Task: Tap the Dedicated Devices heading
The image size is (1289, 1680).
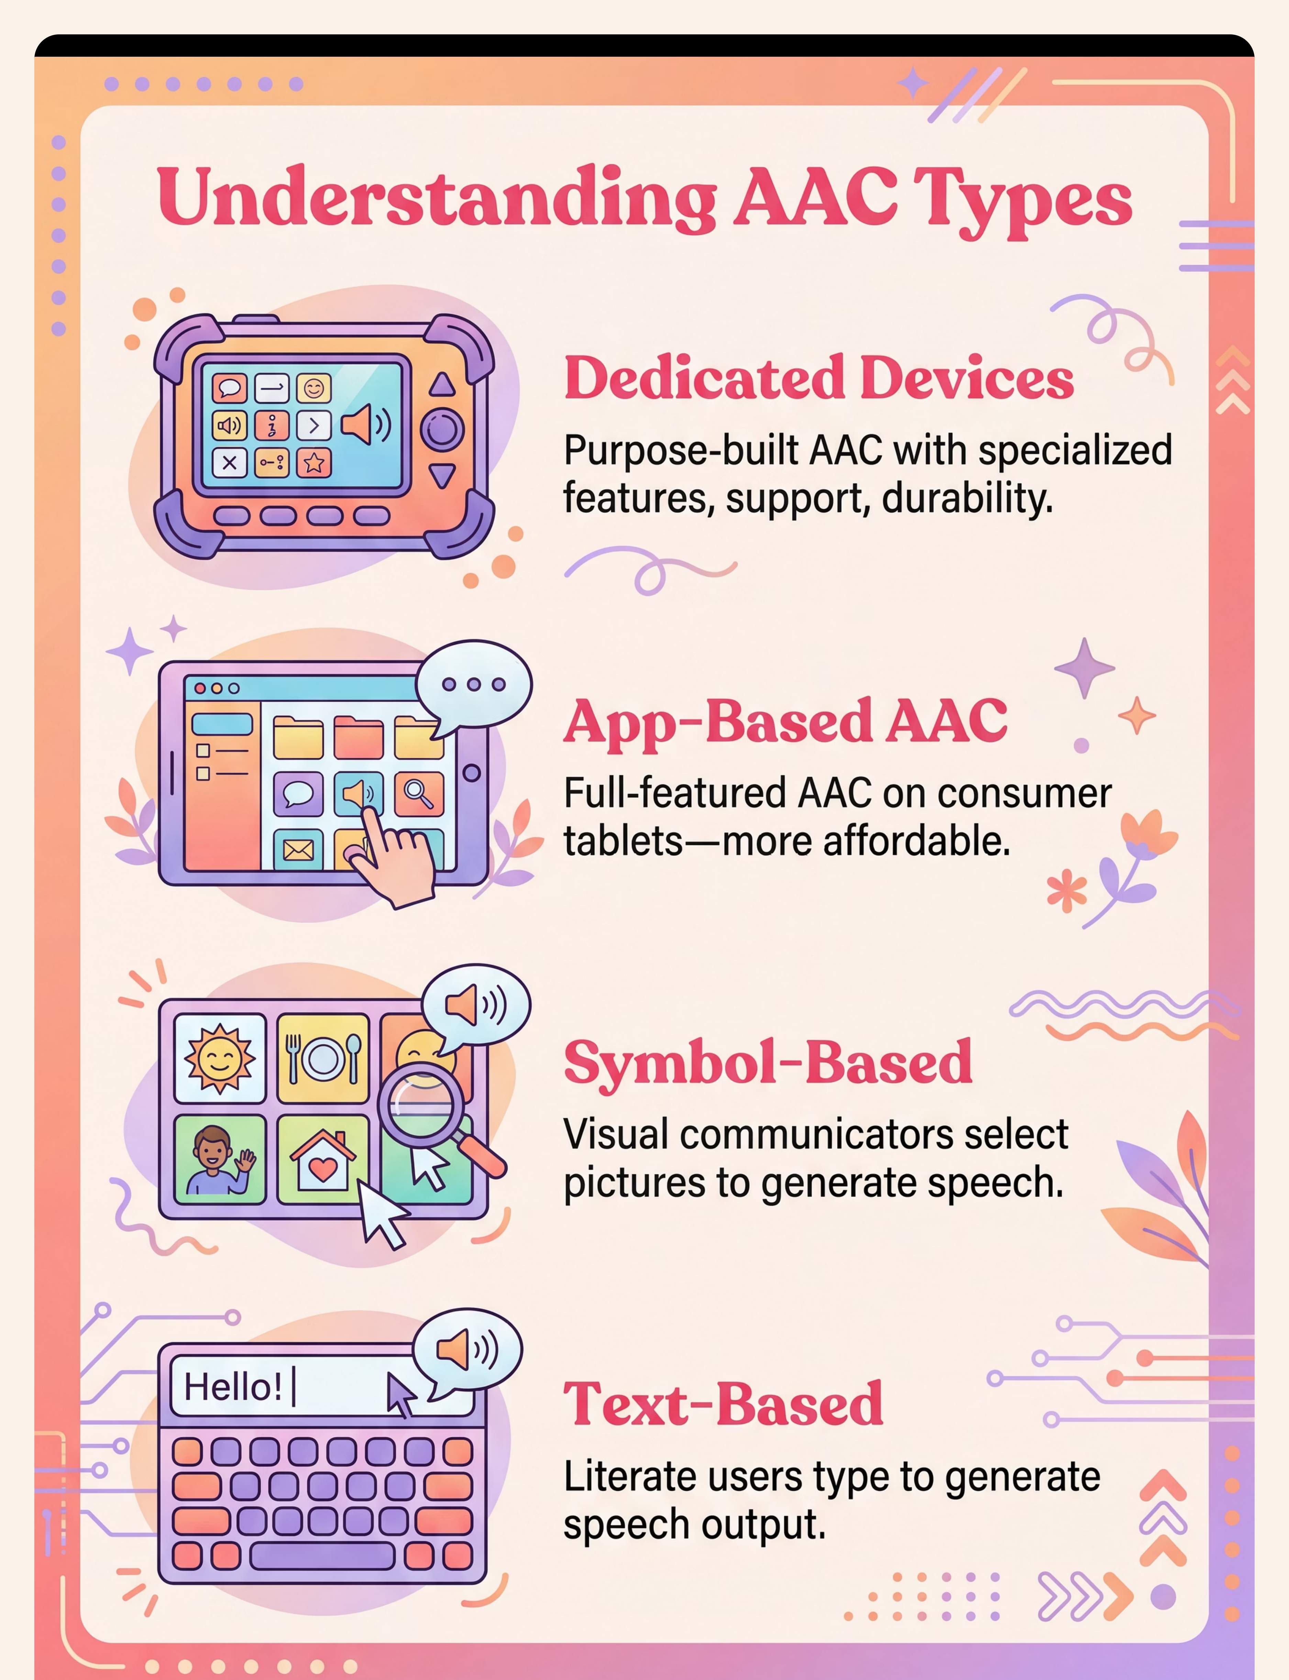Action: tap(819, 378)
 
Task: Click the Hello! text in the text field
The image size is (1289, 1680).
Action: tap(232, 1387)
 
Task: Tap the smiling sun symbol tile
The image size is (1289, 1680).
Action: tap(220, 1058)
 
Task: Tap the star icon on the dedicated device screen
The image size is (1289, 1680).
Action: tap(314, 463)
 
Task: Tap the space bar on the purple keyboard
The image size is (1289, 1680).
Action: tap(322, 1556)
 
